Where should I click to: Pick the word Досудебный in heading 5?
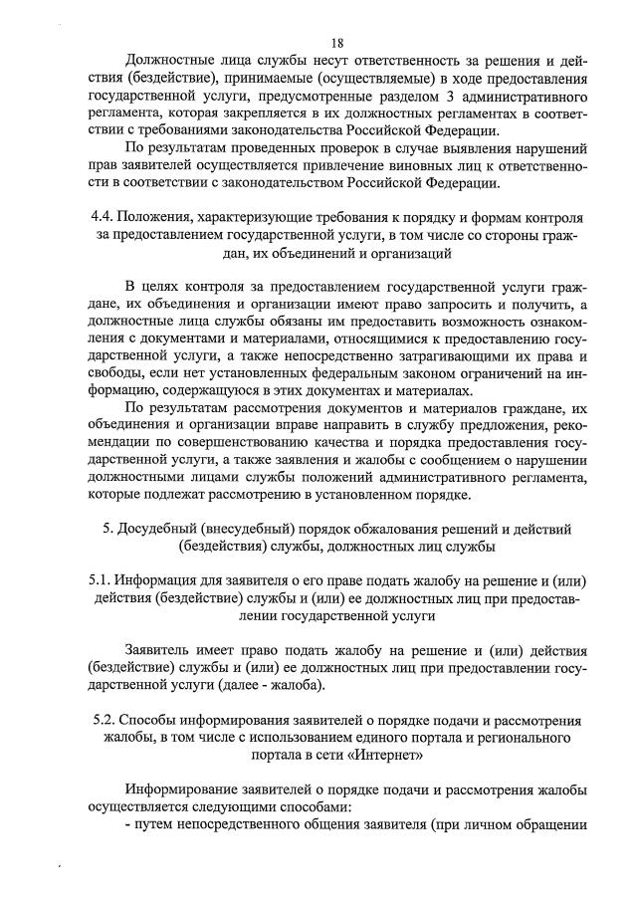[x=162, y=526]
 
